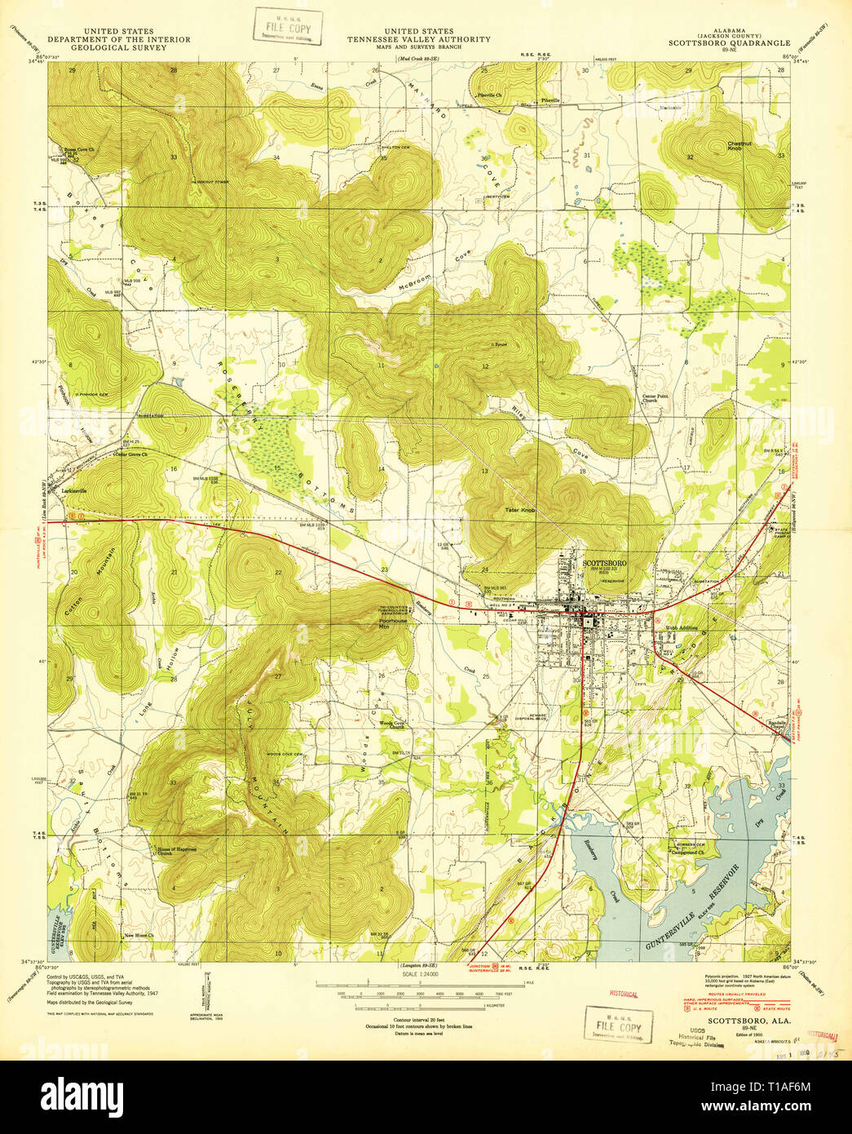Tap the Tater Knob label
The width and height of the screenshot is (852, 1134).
pos(519,511)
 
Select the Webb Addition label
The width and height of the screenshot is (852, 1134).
pos(682,627)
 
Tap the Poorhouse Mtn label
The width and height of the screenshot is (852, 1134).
pos(394,623)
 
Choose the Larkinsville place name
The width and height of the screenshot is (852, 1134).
pos(74,491)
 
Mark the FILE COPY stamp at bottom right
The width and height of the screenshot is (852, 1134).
pos(619,1026)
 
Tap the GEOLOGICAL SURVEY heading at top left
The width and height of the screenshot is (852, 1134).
pos(119,47)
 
